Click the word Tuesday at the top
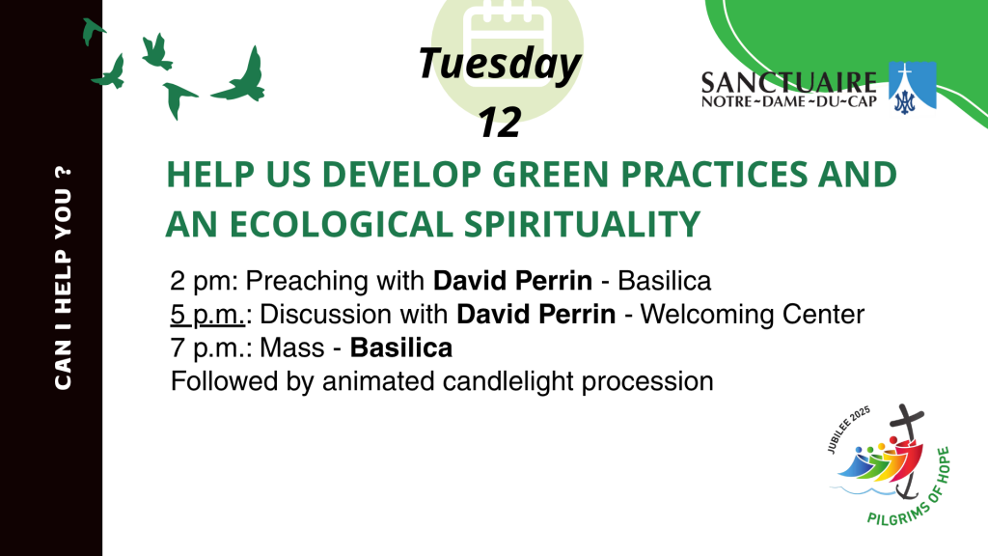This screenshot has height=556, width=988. click(x=499, y=65)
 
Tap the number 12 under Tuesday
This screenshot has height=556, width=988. click(x=499, y=123)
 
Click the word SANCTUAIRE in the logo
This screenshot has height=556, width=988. click(x=789, y=83)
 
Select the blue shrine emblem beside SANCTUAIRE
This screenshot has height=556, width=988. click(x=912, y=88)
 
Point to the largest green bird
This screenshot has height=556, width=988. click(x=242, y=79)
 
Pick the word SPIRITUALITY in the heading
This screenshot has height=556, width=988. click(x=582, y=224)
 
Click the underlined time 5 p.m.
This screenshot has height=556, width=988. click(x=207, y=315)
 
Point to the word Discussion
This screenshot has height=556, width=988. click(x=353, y=315)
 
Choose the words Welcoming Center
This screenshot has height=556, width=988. click(x=753, y=315)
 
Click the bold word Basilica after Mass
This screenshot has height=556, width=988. click(x=401, y=347)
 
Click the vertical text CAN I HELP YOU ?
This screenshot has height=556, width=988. click(x=63, y=278)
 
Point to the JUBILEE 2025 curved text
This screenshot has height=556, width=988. click(x=848, y=429)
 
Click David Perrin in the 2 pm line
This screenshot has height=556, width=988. click(x=512, y=281)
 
